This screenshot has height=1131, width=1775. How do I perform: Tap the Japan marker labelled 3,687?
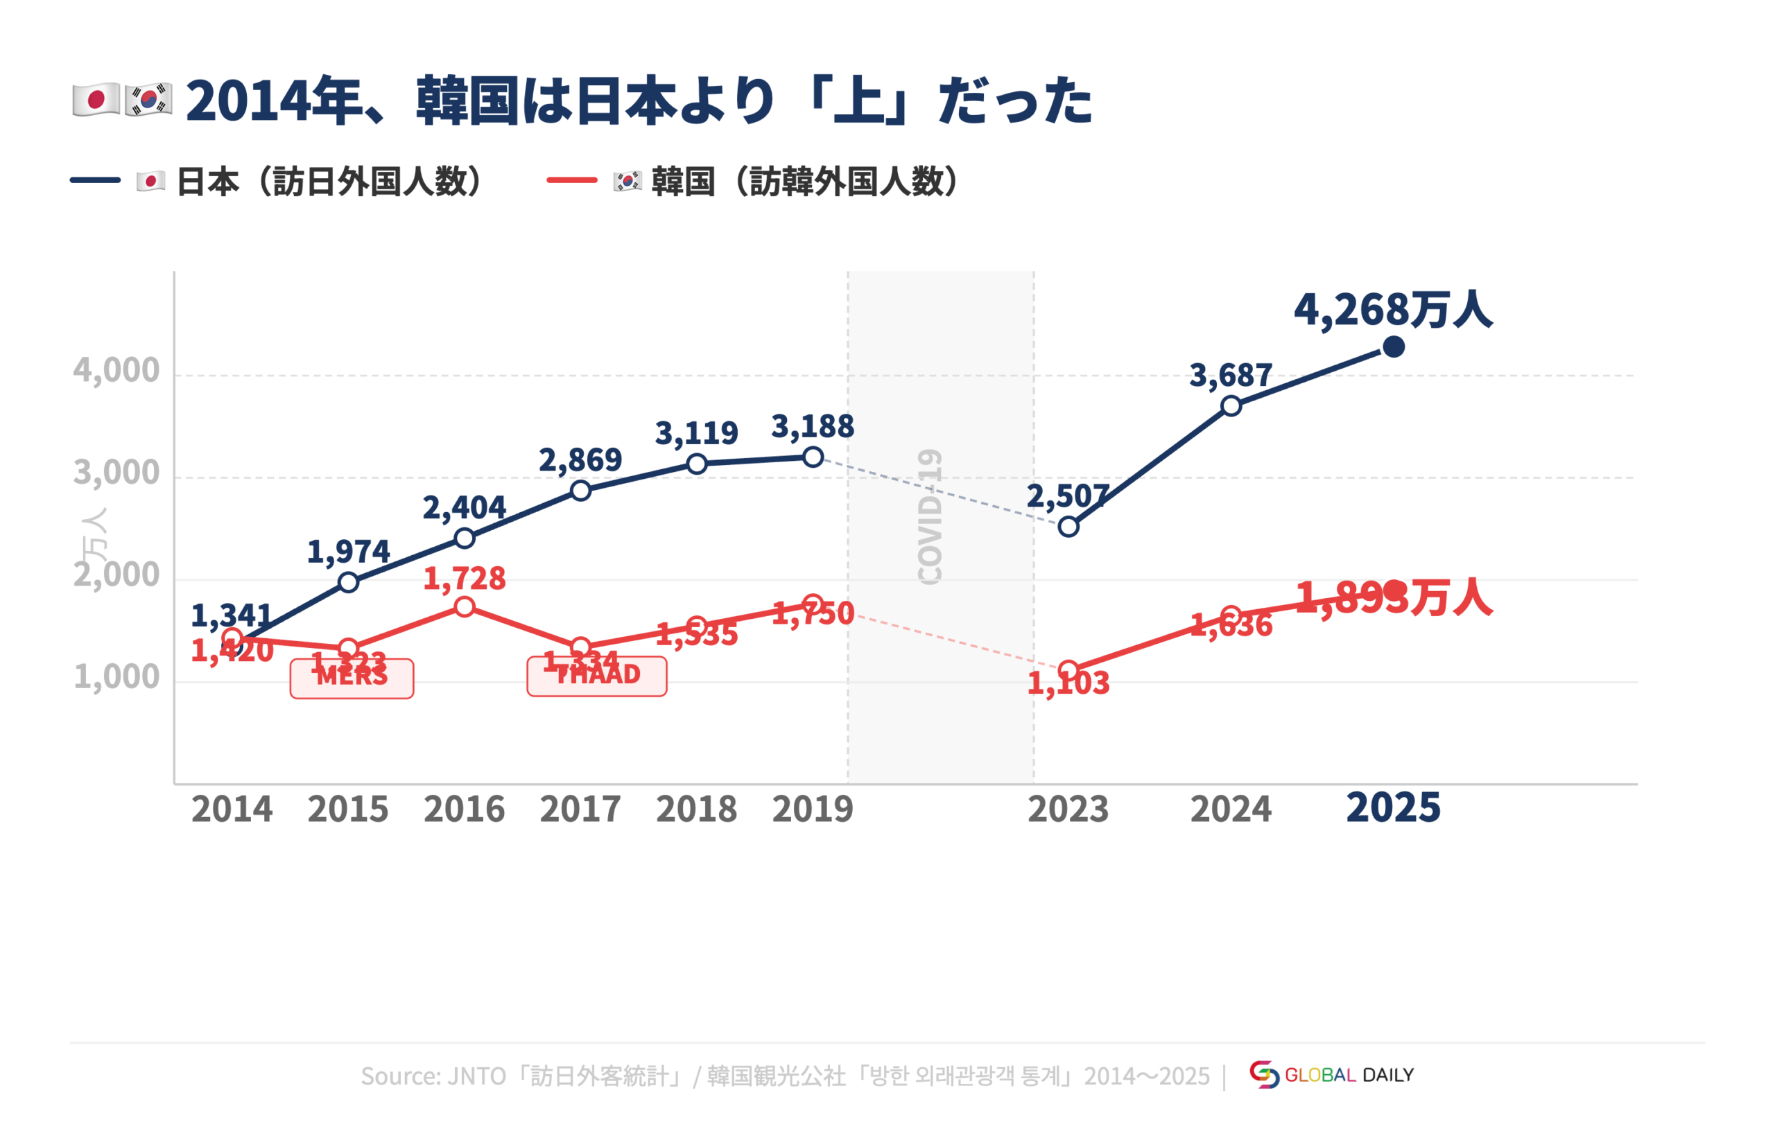[1231, 406]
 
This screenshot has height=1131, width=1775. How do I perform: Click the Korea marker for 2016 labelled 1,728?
[465, 607]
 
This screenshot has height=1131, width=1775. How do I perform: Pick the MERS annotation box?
[352, 678]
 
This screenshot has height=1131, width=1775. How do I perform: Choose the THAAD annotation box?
[597, 676]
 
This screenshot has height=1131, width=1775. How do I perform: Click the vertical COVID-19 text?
[930, 516]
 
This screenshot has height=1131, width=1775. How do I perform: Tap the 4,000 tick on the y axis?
[116, 370]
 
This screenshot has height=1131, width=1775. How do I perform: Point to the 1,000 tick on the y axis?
[116, 676]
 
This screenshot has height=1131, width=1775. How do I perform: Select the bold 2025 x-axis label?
[1392, 807]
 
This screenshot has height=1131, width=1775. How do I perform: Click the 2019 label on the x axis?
[813, 809]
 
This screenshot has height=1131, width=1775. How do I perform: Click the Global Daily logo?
[1331, 1075]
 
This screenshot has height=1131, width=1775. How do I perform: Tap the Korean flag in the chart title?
[148, 100]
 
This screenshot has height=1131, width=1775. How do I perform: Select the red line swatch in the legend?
[572, 179]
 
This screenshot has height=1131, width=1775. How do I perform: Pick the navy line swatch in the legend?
[95, 179]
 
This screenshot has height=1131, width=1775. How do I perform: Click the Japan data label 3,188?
[813, 427]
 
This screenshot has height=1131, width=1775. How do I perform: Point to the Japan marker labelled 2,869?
[581, 491]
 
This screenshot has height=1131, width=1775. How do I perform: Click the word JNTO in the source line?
[476, 1076]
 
